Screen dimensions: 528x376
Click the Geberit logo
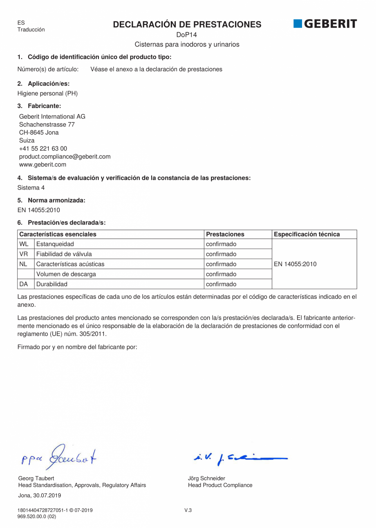(325, 24)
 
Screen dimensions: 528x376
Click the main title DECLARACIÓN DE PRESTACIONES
(187, 25)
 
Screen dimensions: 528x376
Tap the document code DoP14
(187, 35)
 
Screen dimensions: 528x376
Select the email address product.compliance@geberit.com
(65, 157)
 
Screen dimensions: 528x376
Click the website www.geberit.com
(43, 165)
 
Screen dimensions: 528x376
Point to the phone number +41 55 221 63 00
(43, 149)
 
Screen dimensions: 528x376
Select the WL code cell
(24, 244)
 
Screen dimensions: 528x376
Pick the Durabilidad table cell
(52, 284)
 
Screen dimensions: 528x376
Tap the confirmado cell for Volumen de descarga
(221, 274)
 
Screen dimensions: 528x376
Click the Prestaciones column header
(225, 235)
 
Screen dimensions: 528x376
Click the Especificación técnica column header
(307, 235)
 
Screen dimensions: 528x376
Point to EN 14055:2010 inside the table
(295, 264)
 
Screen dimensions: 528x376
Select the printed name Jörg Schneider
(206, 478)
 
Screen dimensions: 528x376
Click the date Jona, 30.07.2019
(40, 495)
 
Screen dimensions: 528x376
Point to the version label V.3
(188, 510)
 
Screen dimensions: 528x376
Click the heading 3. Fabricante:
(39, 106)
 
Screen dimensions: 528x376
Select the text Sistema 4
(31, 188)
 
